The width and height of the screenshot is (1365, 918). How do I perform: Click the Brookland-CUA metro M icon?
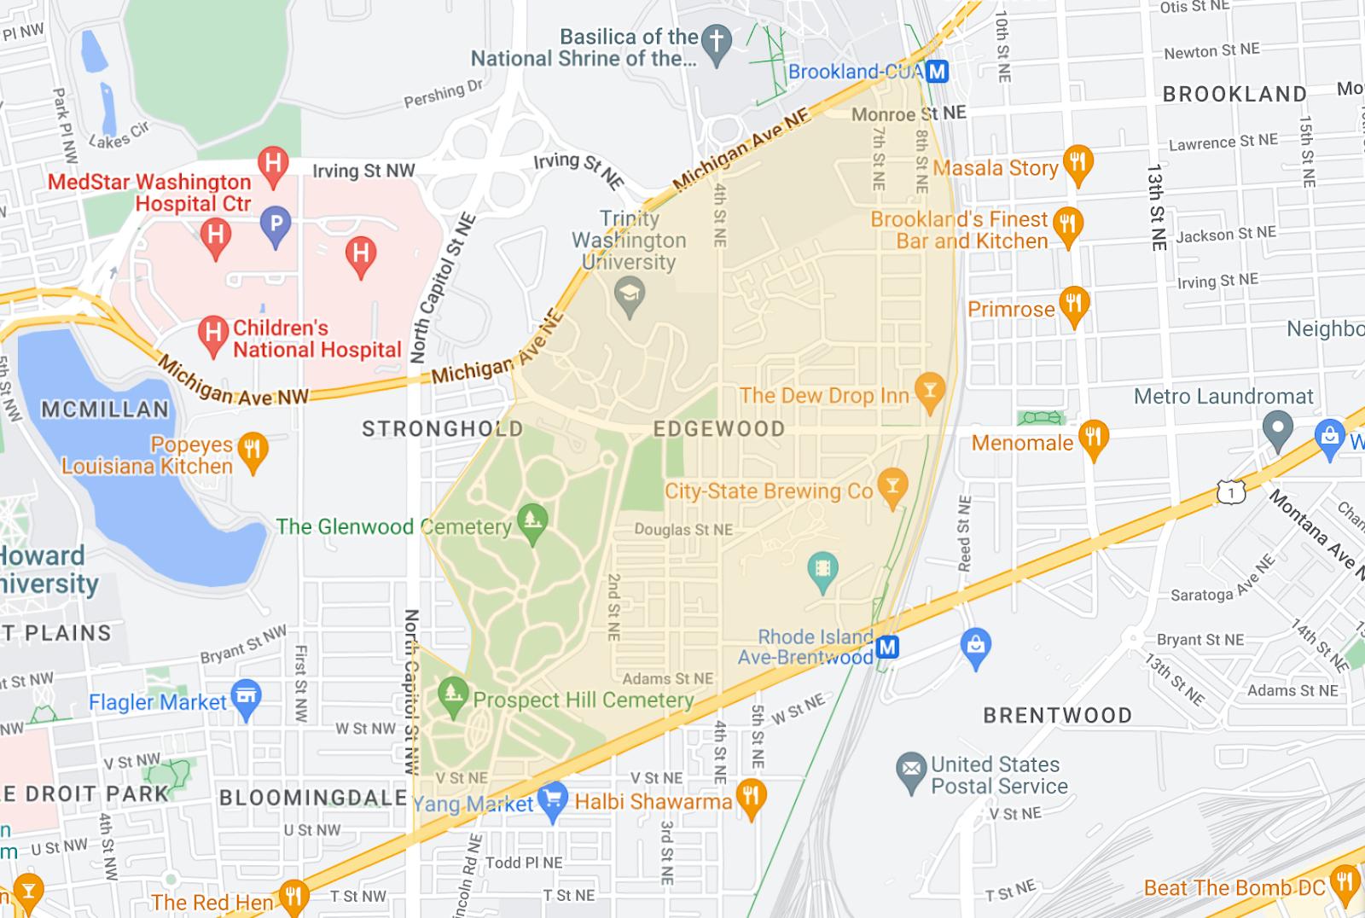tap(938, 72)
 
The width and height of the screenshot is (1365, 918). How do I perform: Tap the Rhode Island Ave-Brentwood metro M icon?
tap(888, 648)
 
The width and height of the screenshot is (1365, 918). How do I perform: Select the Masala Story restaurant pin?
tap(1079, 164)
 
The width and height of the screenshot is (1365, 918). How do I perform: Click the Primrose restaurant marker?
tap(1074, 305)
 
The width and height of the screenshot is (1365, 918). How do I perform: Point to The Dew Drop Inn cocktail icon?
tap(930, 392)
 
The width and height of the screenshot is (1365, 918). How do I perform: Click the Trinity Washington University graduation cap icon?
tap(630, 298)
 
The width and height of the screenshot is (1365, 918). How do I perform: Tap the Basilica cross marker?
tap(717, 43)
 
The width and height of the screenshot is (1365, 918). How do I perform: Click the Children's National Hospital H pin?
tap(213, 334)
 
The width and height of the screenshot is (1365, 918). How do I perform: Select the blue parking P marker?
tap(276, 224)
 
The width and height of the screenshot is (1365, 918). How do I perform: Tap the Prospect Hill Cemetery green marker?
tap(453, 694)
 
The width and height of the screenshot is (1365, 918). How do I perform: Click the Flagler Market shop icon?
tap(247, 699)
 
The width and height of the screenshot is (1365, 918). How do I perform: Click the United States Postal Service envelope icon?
tap(912, 770)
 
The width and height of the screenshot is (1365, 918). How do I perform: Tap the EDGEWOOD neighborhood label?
tap(719, 428)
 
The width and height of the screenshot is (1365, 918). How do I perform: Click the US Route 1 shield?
tap(1231, 492)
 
